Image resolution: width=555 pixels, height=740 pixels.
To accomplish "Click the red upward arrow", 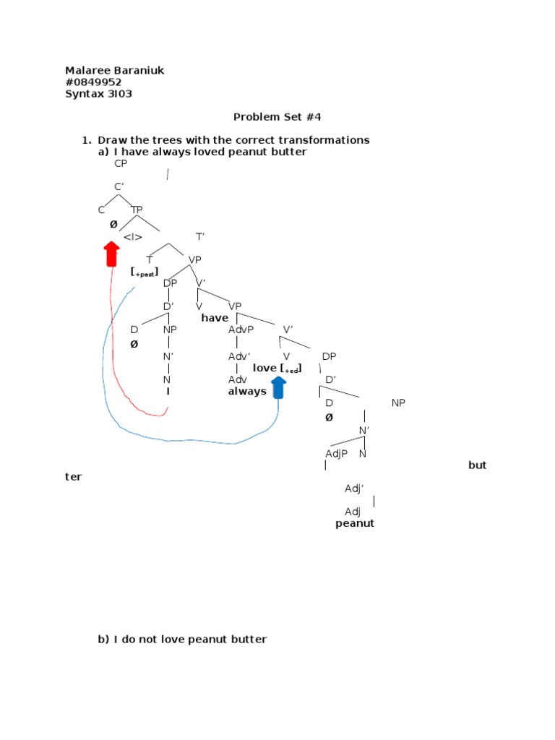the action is coord(111,254).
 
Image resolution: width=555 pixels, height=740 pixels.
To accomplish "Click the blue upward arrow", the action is coord(278,390).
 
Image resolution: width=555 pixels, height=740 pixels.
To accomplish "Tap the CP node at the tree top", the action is coord(121,163).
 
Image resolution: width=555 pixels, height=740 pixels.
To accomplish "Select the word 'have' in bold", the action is coord(215,318).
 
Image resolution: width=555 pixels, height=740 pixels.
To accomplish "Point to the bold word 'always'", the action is coord(247,392).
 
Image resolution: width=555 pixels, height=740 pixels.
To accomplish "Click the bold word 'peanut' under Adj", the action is coord(355,523).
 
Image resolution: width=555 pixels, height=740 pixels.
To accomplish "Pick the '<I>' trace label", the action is coord(132,236).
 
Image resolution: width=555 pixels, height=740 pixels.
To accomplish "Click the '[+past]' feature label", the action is coord(145,272).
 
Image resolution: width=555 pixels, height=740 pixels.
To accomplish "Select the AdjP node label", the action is coord(337,453).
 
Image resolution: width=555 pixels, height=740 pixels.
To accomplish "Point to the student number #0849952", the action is coord(93,82).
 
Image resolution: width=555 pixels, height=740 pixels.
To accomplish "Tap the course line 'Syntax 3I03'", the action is coord(98,93).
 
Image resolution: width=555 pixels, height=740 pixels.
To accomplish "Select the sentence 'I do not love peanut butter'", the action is coord(191,640).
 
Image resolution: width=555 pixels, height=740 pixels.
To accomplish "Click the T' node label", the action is coord(201,236).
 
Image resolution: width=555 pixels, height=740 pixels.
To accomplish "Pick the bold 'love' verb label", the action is coord(264,368).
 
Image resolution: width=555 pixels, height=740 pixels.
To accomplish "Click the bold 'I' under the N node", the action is coord(168,391).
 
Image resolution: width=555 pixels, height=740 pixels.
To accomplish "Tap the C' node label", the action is coord(119,187).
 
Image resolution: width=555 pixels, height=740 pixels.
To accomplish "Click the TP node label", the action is coord(137,210).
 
